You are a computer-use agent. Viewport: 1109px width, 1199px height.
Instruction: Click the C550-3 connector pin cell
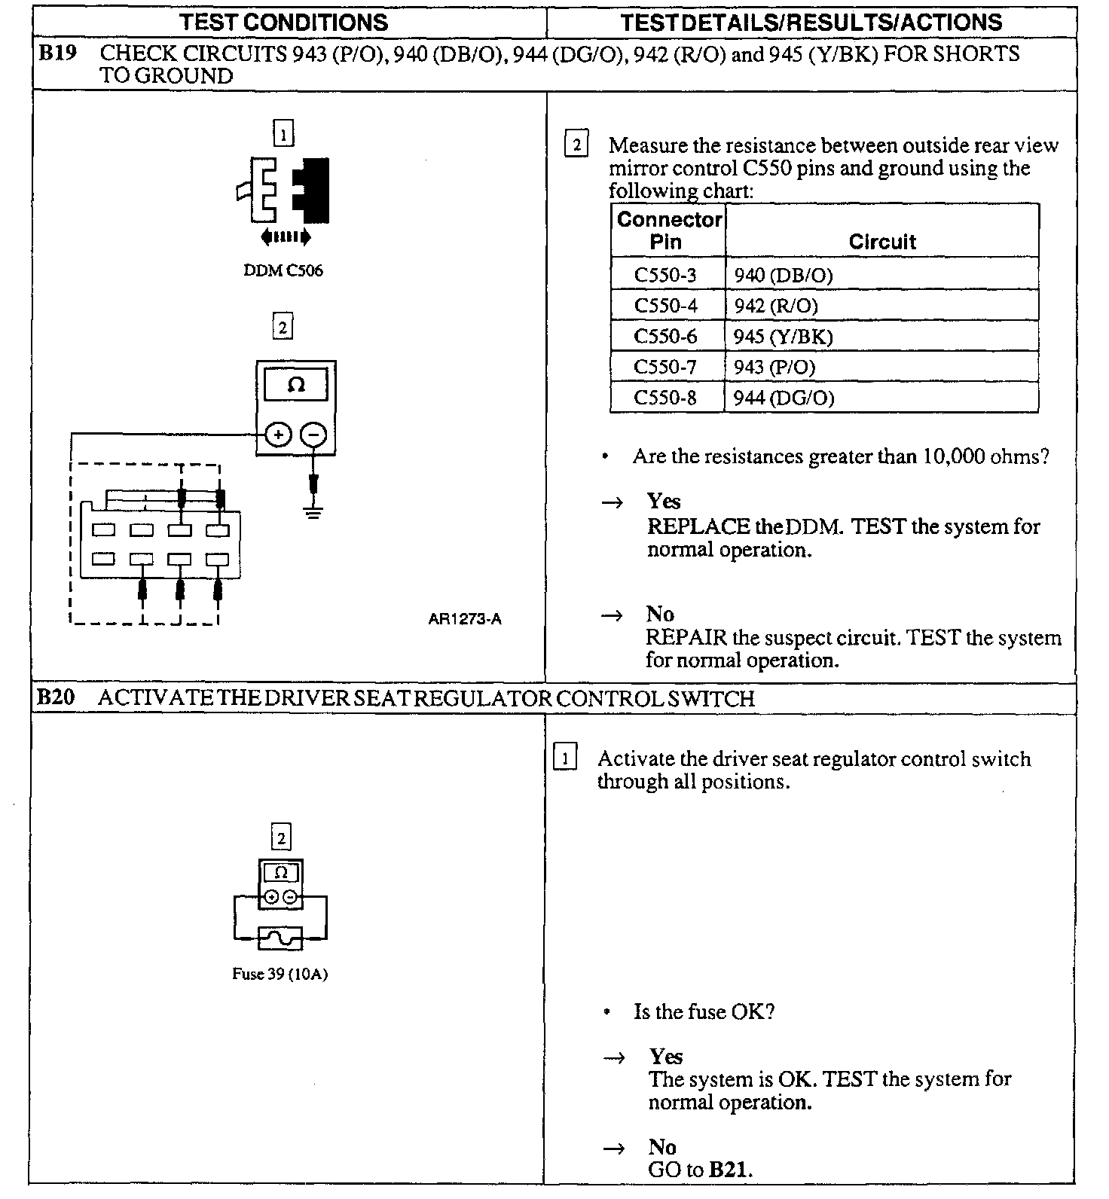click(x=665, y=275)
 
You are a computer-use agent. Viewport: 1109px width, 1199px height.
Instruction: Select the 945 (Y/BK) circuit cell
click(x=784, y=337)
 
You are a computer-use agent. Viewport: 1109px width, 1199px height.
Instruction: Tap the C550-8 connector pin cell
click(x=665, y=398)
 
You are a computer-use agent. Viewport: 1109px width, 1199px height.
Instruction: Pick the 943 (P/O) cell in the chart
click(x=774, y=368)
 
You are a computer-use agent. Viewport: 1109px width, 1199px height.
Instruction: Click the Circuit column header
click(x=881, y=242)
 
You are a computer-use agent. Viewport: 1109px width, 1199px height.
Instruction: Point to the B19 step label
click(x=58, y=54)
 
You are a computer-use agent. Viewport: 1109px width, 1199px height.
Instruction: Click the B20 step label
click(x=57, y=698)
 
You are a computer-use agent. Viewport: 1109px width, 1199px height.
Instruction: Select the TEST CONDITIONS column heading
click(x=284, y=22)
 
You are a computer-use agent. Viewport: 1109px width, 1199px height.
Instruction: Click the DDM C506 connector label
click(x=283, y=270)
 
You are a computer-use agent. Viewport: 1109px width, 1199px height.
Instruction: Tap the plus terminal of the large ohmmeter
click(x=279, y=435)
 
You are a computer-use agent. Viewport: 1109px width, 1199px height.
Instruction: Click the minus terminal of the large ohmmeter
click(x=314, y=435)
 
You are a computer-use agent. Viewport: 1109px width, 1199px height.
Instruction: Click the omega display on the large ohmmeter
click(x=296, y=385)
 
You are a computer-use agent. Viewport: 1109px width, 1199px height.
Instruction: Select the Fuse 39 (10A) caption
click(x=280, y=974)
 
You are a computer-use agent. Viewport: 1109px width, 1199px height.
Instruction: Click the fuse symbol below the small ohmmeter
click(x=280, y=938)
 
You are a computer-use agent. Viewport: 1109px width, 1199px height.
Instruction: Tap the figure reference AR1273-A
click(x=465, y=619)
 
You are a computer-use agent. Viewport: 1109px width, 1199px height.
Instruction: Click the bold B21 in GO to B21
click(x=729, y=1170)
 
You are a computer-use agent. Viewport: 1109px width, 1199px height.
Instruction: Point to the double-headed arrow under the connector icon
click(x=285, y=238)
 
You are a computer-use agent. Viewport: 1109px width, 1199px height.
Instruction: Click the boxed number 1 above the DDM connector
click(x=283, y=135)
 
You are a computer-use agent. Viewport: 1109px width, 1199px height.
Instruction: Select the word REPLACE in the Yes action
click(x=698, y=526)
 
